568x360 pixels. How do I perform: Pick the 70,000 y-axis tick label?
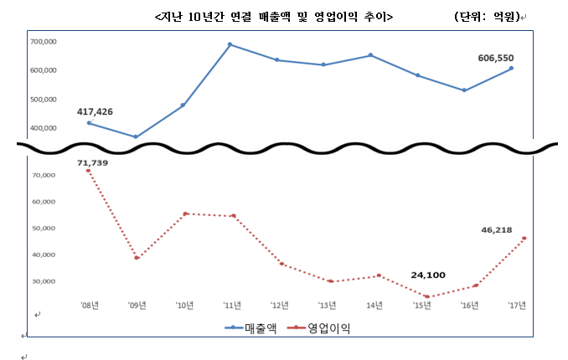tap(44, 175)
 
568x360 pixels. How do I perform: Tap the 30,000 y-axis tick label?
tap(44, 281)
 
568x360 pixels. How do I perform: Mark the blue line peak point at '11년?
tap(230, 44)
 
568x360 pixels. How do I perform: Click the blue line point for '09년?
tap(136, 136)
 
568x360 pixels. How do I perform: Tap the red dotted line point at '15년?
tap(427, 296)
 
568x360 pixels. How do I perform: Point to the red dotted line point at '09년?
tap(136, 258)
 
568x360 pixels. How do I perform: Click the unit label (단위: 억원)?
tap(486, 17)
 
